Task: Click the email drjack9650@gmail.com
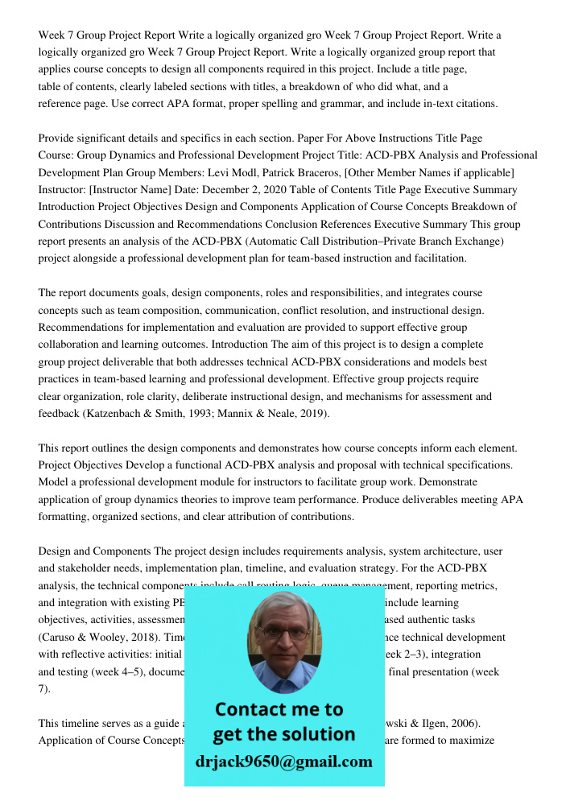click(284, 762)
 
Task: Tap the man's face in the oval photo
click(283, 640)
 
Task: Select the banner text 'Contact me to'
click(279, 709)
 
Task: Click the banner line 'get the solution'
click(283, 734)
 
